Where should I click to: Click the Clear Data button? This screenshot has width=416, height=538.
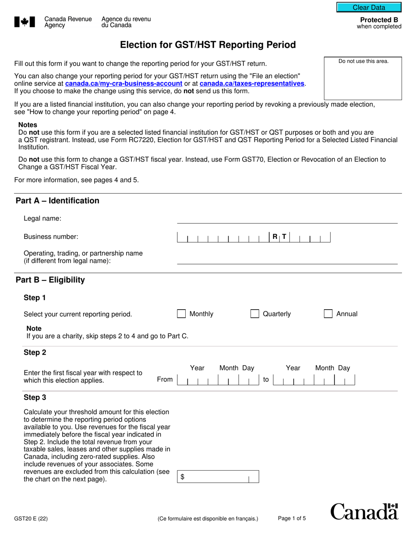369,7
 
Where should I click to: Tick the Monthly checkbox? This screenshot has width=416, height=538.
181,314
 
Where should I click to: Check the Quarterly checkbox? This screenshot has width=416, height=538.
254,314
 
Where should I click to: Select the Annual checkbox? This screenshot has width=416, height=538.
328,314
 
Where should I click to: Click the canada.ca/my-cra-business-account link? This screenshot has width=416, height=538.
123,84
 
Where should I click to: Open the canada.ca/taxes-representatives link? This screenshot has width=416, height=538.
252,84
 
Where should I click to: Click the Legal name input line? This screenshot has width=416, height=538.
287,219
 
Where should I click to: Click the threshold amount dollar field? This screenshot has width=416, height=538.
218,477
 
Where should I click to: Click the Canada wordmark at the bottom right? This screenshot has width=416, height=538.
364,511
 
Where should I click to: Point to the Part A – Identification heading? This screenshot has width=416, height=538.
57,201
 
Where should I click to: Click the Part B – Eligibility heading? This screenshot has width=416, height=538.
50,280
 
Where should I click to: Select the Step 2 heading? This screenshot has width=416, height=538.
35,353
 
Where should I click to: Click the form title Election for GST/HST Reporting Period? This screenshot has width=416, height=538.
208,45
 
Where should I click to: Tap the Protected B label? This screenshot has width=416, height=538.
379,20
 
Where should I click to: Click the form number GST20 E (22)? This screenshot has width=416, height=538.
31,519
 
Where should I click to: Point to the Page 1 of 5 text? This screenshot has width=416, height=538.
292,519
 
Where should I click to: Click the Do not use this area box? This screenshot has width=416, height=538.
363,78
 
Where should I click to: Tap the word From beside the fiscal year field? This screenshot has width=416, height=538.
165,379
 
